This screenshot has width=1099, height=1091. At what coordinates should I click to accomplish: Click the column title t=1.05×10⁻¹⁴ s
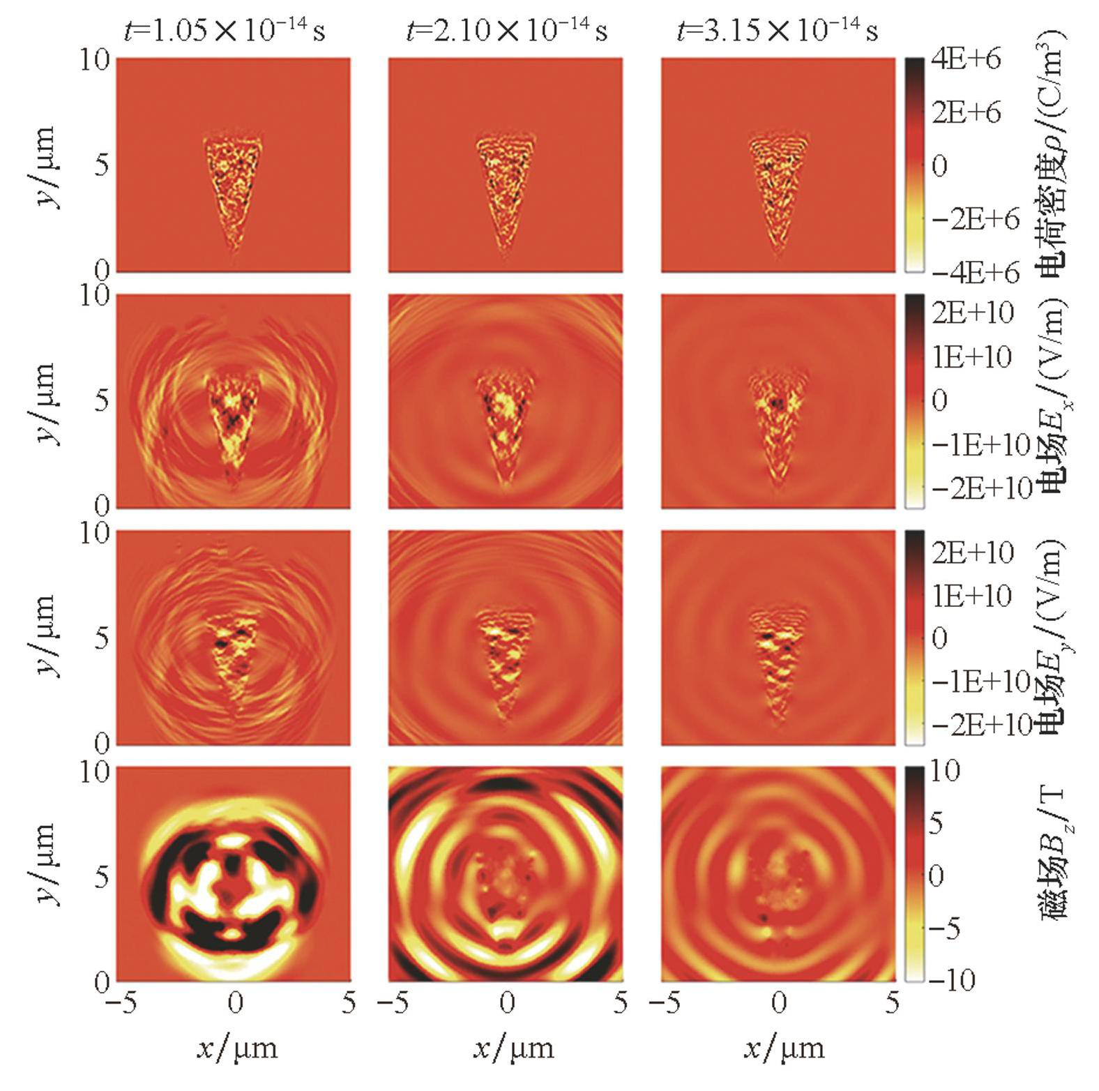tap(224, 31)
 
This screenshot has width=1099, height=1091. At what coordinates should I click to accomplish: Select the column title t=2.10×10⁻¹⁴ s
tap(506, 31)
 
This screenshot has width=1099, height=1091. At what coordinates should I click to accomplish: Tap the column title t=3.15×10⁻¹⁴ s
tap(777, 31)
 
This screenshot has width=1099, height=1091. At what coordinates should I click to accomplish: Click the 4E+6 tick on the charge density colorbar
tap(966, 59)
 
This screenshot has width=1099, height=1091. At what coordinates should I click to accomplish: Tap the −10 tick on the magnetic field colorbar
tap(951, 980)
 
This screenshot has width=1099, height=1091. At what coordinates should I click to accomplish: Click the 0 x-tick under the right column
tap(778, 1003)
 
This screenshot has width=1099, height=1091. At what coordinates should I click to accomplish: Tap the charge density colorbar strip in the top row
tap(914, 165)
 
